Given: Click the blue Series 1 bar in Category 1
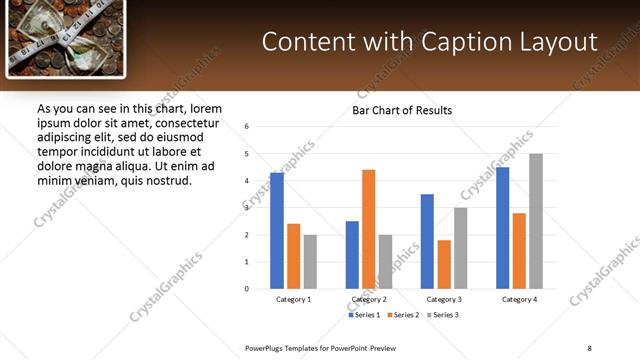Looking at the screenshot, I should click(x=277, y=231).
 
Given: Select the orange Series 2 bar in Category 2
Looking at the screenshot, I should click(x=368, y=229).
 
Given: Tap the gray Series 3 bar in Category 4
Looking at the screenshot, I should click(x=536, y=221).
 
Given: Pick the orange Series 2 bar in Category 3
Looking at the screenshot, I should click(x=444, y=264).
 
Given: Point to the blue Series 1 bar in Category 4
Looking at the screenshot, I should click(x=502, y=228).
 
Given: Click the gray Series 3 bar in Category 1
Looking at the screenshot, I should click(x=310, y=262).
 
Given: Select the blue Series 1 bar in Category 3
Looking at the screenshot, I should click(x=427, y=241).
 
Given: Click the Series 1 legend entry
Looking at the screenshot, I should click(x=364, y=315).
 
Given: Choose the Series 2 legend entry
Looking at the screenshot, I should click(x=402, y=315).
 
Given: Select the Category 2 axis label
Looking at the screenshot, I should click(x=368, y=299).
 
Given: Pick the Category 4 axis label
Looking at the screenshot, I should click(x=519, y=299).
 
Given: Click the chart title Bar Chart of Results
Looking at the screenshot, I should click(x=402, y=110).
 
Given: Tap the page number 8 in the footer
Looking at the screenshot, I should click(x=590, y=347).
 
